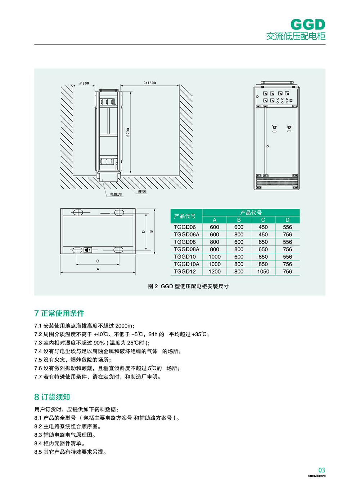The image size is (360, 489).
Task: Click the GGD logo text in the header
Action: tap(307, 25)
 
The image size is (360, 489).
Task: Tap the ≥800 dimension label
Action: tap(84, 83)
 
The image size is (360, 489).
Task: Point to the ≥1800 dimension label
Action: tap(150, 83)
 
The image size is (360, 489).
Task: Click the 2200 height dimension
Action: tap(128, 132)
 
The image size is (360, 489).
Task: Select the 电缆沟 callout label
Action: tap(116, 194)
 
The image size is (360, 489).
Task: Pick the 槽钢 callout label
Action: tap(142, 192)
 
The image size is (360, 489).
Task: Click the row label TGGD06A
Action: tap(186, 235)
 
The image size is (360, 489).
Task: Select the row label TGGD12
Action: tap(185, 271)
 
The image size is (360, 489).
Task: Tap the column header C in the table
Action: tap(263, 220)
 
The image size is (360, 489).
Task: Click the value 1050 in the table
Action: tap(263, 271)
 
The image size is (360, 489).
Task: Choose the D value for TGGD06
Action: tap(287, 227)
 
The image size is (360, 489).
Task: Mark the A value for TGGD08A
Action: tap(214, 249)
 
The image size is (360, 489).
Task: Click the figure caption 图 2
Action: tap(153, 286)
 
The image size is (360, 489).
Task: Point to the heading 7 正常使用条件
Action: tap(59, 313)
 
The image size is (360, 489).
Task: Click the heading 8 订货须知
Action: tap(52, 397)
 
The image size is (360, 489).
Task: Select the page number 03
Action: tap(321, 470)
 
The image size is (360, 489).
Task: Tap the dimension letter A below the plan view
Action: tap(98, 269)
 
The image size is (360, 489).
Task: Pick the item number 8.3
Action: tap(38, 435)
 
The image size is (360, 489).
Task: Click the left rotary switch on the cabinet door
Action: tap(274, 128)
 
